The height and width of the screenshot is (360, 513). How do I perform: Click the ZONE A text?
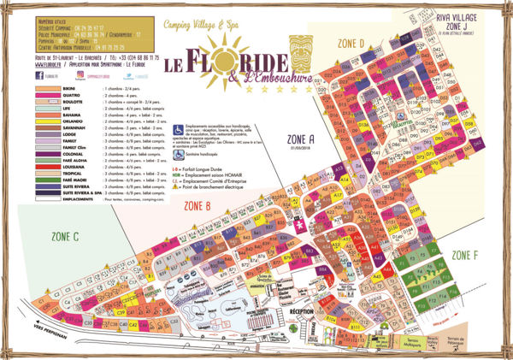pos(300,137)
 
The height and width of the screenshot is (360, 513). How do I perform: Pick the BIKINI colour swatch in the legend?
pos(48,88)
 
